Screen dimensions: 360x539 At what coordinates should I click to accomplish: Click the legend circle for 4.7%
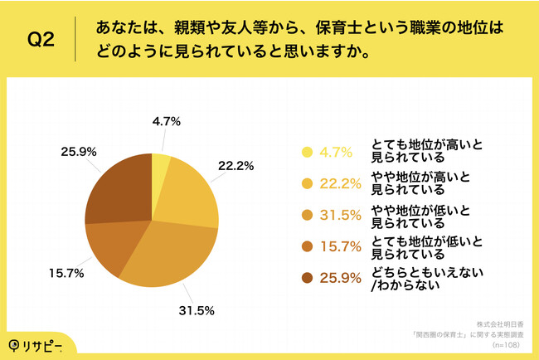[x=307, y=152]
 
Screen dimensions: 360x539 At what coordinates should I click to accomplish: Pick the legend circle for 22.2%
[x=307, y=183]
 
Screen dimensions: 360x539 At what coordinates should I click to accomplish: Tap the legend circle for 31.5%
[x=307, y=215]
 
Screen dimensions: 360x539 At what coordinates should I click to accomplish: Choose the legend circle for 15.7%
[x=307, y=246]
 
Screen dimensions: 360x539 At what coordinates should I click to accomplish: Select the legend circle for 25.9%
[x=307, y=278]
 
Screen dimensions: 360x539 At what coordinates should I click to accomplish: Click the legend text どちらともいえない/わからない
[x=429, y=278]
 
